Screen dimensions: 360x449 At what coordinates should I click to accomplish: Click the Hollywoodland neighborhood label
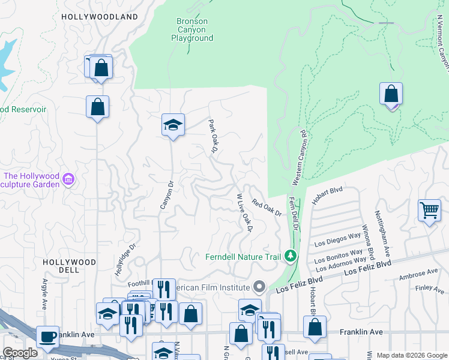pyautogui.click(x=100, y=17)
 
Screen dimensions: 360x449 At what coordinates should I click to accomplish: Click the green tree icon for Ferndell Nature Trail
pyautogui.click(x=291, y=257)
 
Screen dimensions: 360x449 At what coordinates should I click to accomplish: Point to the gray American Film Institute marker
pyautogui.click(x=259, y=286)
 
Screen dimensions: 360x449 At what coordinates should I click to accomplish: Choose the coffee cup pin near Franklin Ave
pyautogui.click(x=48, y=337)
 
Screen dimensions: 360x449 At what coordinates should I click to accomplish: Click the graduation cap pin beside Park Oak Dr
pyautogui.click(x=173, y=125)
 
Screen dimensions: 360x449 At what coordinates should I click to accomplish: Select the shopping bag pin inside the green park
pyautogui.click(x=391, y=94)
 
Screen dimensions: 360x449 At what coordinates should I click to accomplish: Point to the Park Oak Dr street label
pyautogui.click(x=212, y=136)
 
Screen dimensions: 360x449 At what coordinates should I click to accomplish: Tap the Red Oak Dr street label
pyautogui.click(x=267, y=208)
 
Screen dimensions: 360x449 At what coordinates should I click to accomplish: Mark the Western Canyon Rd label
pyautogui.click(x=298, y=157)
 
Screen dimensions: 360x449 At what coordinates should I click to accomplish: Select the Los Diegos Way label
pyautogui.click(x=337, y=240)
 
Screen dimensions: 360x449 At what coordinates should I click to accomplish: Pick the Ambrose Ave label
pyautogui.click(x=419, y=274)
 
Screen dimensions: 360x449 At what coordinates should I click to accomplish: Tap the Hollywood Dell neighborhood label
pyautogui.click(x=69, y=266)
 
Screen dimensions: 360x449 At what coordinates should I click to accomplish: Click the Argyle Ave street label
pyautogui.click(x=44, y=293)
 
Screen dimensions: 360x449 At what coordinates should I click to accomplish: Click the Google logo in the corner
pyautogui.click(x=19, y=353)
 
